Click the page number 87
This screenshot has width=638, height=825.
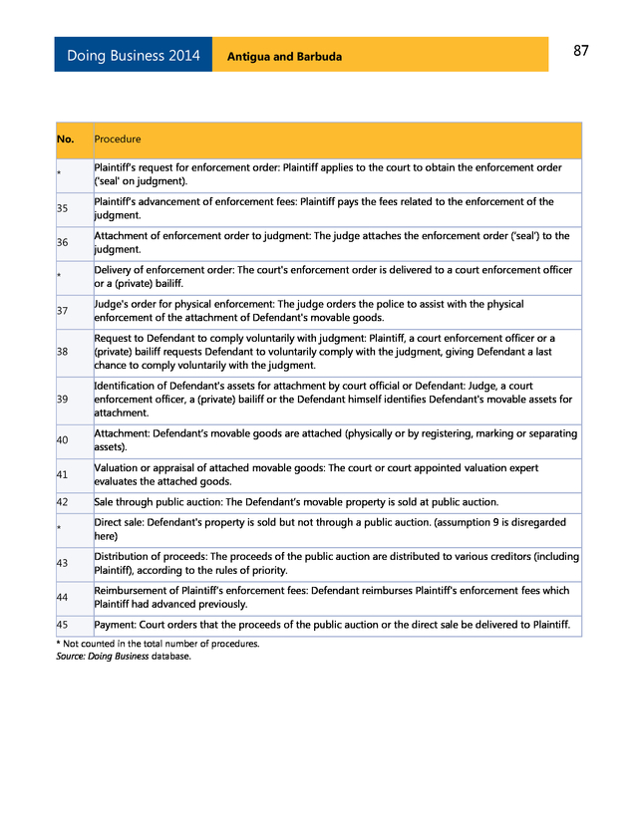(x=580, y=51)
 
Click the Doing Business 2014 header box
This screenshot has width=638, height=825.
(x=133, y=56)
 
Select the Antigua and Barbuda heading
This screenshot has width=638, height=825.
(x=284, y=57)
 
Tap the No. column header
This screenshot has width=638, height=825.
(x=66, y=139)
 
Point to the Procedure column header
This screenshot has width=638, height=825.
(x=118, y=139)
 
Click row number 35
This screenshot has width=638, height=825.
(x=63, y=208)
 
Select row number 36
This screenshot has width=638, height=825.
(x=63, y=243)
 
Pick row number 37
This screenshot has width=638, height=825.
(x=63, y=311)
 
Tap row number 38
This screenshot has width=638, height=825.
(x=63, y=352)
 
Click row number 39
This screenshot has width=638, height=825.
(x=63, y=400)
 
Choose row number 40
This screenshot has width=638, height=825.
(x=63, y=440)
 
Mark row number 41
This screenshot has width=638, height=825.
(x=63, y=475)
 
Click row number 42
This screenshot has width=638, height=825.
(x=63, y=502)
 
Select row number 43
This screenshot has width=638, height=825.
(x=63, y=564)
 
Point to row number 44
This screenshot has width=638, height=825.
(x=63, y=598)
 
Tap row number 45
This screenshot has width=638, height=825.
(x=63, y=625)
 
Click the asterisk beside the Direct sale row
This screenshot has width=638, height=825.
(x=60, y=529)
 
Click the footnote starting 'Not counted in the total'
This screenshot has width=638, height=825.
(x=158, y=644)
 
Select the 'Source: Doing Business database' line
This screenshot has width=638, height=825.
(x=123, y=656)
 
